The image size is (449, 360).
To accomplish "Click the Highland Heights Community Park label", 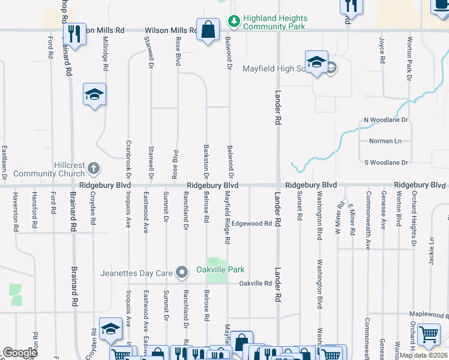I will pyautogui.click(x=274, y=23).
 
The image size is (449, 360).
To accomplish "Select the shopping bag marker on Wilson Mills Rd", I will pyautogui.click(x=208, y=31).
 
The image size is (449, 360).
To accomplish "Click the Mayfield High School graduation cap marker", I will pyautogui.click(x=316, y=62).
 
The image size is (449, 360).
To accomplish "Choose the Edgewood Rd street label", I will pyautogui.click(x=252, y=223).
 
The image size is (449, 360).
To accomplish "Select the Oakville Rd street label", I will pyautogui.click(x=255, y=283).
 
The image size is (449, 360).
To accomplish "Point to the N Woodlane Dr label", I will pyautogui.click(x=385, y=120).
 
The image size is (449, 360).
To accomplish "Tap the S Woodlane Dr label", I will pyautogui.click(x=386, y=163).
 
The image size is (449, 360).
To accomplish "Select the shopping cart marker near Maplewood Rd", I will pyautogui.click(x=429, y=335).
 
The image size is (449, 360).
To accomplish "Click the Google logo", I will pyautogui.click(x=20, y=353).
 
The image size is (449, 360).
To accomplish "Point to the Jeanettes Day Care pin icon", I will pyautogui.click(x=182, y=273).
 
